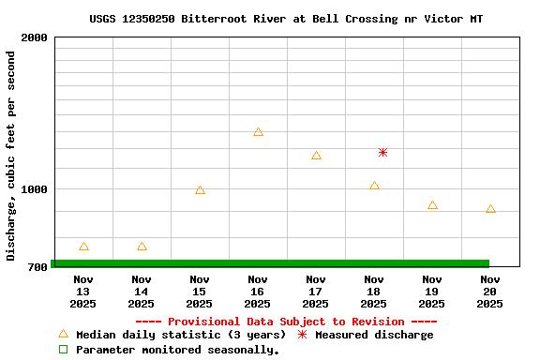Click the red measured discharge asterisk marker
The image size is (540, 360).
click(382, 152)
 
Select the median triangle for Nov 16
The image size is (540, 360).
click(258, 132)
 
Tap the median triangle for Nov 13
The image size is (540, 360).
click(83, 247)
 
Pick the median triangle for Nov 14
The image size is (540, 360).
click(142, 247)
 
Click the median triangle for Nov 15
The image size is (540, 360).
click(200, 190)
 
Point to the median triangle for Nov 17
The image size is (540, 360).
click(316, 156)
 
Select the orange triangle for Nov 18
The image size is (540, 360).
click(374, 186)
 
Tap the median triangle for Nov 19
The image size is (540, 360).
click(432, 205)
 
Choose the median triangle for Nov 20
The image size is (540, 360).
click(490, 209)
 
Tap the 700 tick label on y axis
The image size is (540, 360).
click(37, 268)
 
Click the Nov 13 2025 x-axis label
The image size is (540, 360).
click(83, 291)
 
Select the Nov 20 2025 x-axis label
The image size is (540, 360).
click(490, 291)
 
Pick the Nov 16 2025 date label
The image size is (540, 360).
click(258, 291)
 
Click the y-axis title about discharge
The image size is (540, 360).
click(11, 156)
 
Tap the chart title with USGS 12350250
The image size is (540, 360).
click(286, 19)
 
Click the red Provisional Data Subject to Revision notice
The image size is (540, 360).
click(286, 322)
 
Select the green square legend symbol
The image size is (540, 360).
click(64, 350)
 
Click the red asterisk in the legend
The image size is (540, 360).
click(302, 335)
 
